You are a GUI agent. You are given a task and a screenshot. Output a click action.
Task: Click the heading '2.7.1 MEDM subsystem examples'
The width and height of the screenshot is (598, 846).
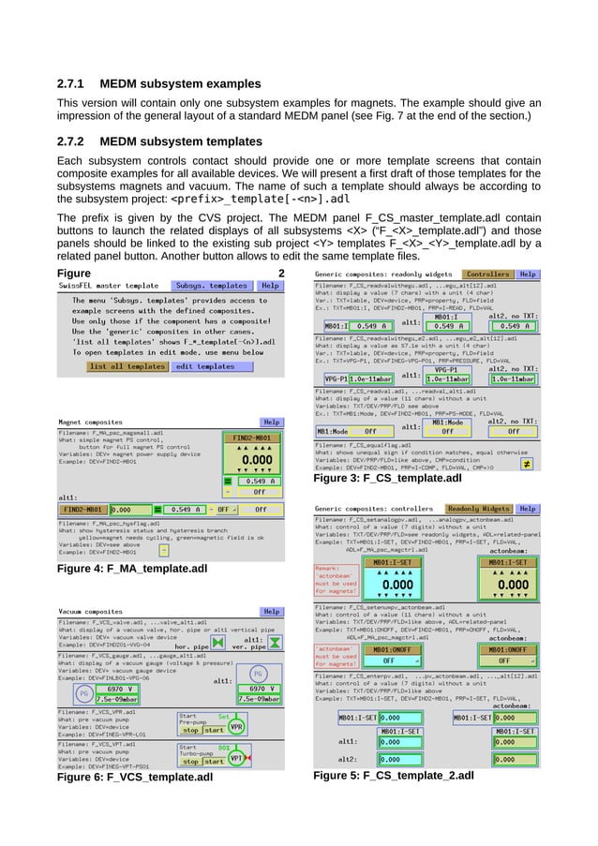(159, 83)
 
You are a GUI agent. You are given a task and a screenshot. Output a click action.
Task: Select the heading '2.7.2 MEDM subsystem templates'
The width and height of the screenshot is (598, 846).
(160, 141)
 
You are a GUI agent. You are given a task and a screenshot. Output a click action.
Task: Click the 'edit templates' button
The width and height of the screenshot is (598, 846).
(204, 366)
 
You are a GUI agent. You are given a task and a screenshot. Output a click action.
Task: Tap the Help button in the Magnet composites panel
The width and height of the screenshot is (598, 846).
(272, 423)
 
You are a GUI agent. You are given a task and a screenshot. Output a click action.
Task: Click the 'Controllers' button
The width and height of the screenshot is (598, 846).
(488, 274)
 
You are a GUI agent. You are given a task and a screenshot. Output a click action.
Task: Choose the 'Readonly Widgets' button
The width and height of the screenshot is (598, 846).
(478, 508)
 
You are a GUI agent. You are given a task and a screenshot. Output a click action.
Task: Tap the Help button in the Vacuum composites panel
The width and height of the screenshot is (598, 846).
(272, 610)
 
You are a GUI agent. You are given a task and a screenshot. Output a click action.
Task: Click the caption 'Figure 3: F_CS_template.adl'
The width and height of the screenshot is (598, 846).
(387, 480)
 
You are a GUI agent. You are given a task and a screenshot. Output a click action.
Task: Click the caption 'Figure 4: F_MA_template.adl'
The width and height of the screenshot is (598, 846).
(132, 569)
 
